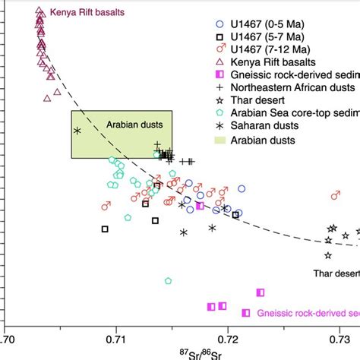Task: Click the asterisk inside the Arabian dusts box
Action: [x=77, y=131]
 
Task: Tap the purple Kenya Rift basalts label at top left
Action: [x=87, y=14]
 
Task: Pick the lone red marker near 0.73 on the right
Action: [x=335, y=196]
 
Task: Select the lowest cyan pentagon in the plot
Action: [x=168, y=281]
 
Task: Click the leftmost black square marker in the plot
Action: [x=105, y=229]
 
